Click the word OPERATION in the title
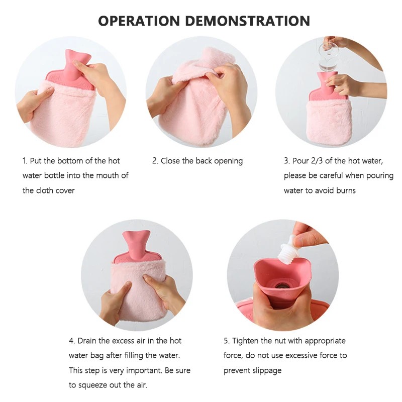[x=139, y=21]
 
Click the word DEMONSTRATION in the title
[x=248, y=21]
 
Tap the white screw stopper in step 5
[x=287, y=249]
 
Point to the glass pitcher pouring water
[x=328, y=55]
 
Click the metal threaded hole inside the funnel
[x=281, y=285]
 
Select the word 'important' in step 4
[x=144, y=371]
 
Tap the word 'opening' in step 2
[x=229, y=161]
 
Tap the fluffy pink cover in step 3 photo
[x=329, y=122]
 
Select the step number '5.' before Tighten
[x=227, y=341]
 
